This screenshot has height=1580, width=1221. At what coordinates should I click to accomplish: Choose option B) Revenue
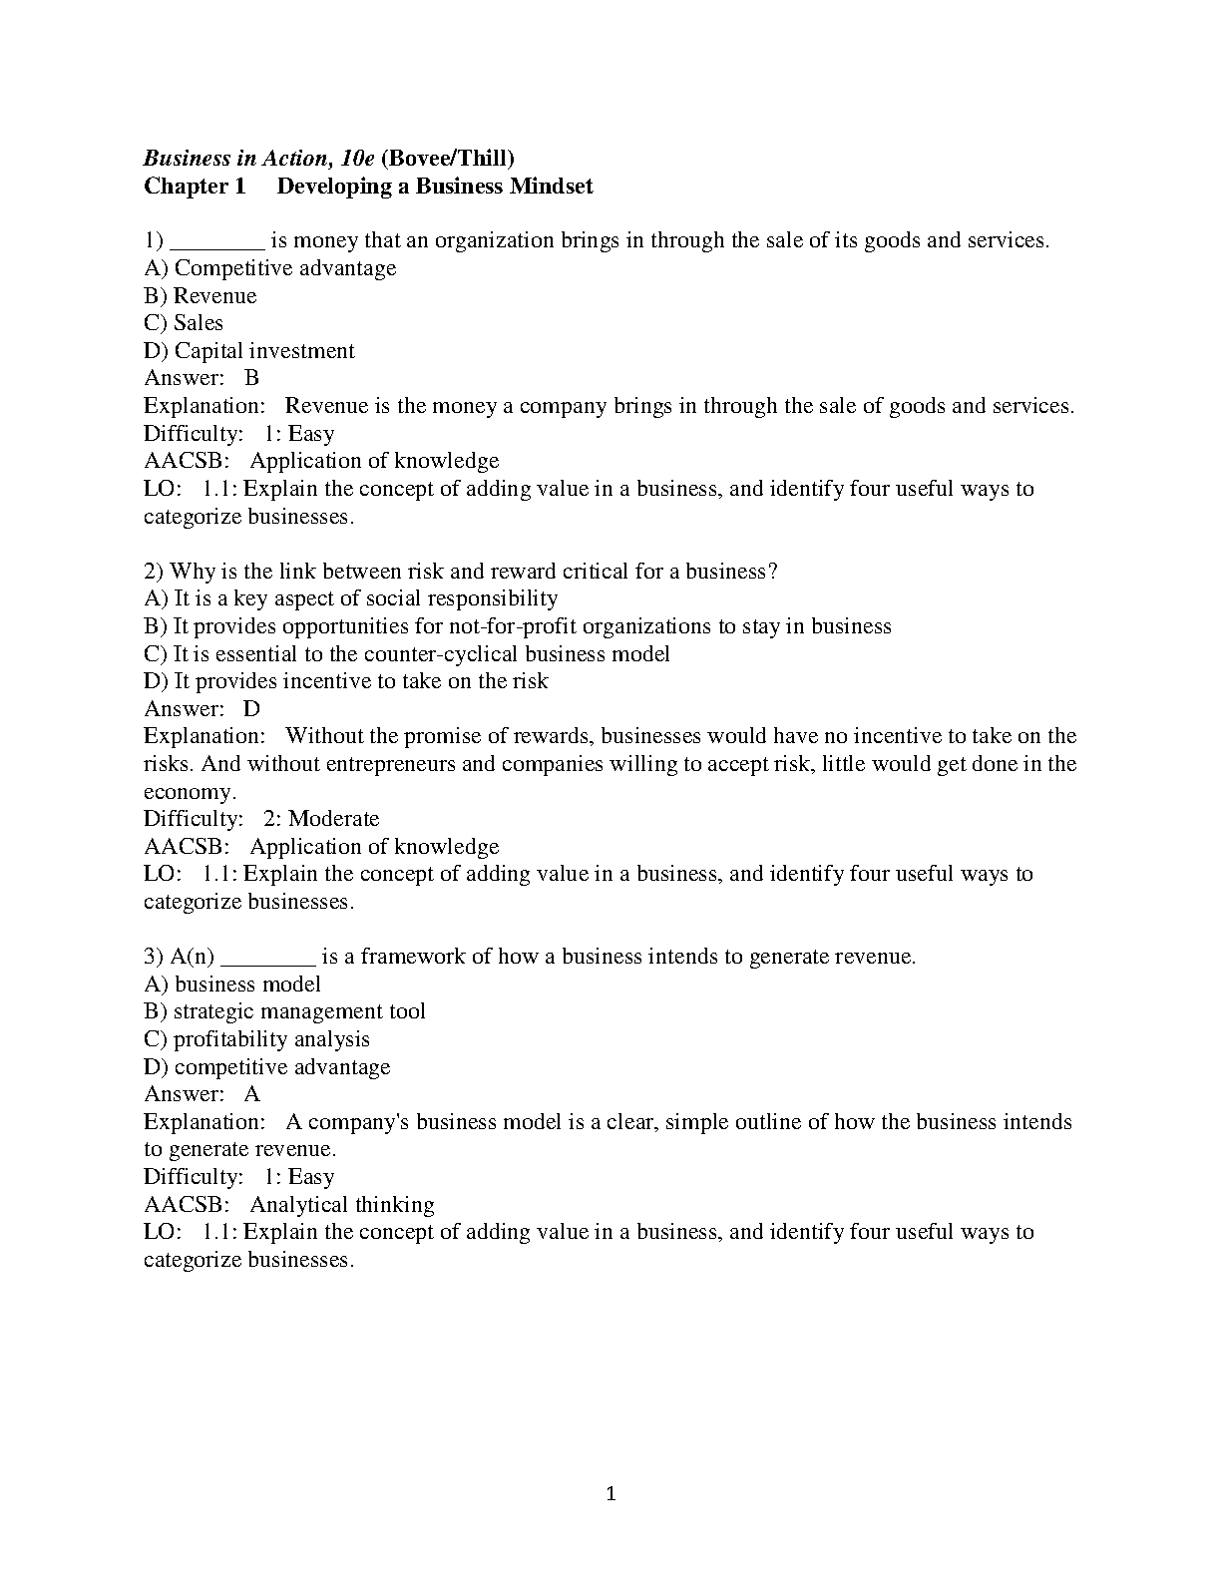(x=201, y=296)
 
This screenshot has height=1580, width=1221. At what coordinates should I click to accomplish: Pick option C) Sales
(x=184, y=323)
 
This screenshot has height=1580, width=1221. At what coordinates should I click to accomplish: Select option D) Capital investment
(x=249, y=351)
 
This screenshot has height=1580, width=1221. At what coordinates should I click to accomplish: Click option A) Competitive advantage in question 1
(x=270, y=268)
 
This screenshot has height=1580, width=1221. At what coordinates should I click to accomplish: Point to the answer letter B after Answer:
(x=251, y=378)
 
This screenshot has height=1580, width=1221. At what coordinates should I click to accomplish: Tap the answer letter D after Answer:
(x=251, y=709)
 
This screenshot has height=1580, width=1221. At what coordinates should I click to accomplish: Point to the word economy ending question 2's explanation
(x=189, y=792)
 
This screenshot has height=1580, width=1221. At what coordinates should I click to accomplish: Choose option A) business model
(x=232, y=985)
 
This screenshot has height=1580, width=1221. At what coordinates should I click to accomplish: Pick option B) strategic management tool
(x=285, y=1011)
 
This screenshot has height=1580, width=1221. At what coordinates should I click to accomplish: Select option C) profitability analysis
(x=257, y=1039)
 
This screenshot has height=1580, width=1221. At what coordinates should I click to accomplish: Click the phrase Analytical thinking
(x=342, y=1205)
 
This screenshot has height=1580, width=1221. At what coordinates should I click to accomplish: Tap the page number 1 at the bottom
(x=611, y=1494)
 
